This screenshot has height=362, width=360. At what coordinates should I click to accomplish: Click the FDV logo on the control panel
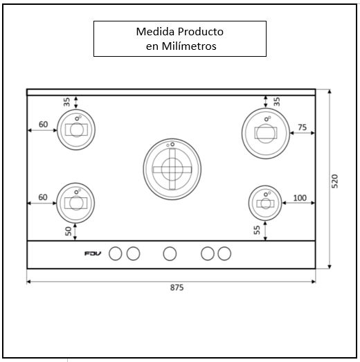tap(93, 253)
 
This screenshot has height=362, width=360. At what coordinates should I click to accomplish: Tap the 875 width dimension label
tap(177, 288)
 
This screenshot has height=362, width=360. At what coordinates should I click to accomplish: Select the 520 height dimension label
tap(334, 181)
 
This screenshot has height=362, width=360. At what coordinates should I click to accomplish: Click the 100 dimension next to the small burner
tap(300, 198)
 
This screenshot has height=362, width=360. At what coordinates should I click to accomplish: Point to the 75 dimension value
tap(303, 127)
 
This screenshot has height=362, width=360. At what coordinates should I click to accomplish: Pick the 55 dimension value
tap(257, 230)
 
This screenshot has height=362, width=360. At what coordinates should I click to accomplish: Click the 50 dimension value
tap(69, 231)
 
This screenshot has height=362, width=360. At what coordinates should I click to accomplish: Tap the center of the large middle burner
tap(172, 169)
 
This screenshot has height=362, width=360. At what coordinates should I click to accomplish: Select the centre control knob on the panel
tap(170, 253)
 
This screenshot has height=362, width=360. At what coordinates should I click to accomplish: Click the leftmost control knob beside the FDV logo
tap(116, 253)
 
